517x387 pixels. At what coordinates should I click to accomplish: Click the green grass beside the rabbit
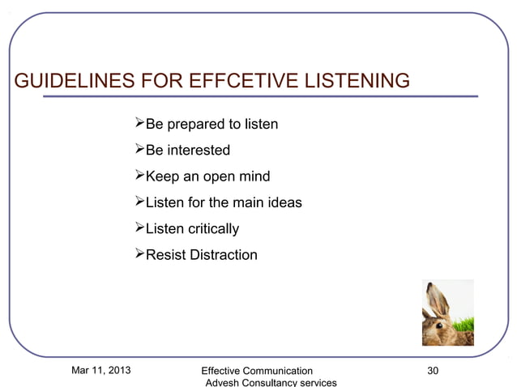pos(466,327)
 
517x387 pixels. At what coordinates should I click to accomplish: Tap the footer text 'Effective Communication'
pos(257,371)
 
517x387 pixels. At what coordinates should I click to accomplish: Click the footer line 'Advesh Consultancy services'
pos(271,382)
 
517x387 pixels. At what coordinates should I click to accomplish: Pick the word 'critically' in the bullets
pos(211,229)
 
